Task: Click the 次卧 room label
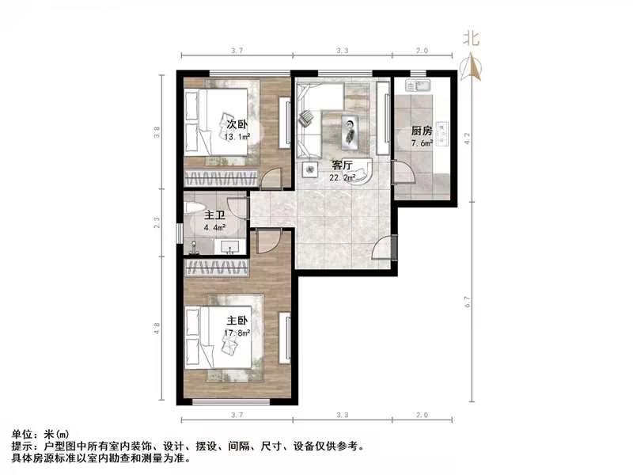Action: point(237,124)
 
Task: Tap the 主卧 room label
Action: point(238,321)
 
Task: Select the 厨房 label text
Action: point(421,131)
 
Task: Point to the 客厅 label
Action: point(342,165)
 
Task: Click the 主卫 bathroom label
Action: point(215,215)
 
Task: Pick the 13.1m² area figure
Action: point(237,137)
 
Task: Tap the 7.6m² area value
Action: point(421,143)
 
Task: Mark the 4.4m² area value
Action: point(214,228)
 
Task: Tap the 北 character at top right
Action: point(472,37)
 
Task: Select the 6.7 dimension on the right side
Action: point(468,302)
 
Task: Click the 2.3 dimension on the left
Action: point(158,224)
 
